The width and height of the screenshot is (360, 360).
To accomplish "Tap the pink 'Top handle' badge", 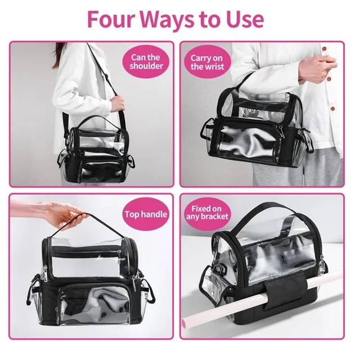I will point(146,214).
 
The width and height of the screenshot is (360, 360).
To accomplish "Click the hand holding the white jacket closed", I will point(318,70).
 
